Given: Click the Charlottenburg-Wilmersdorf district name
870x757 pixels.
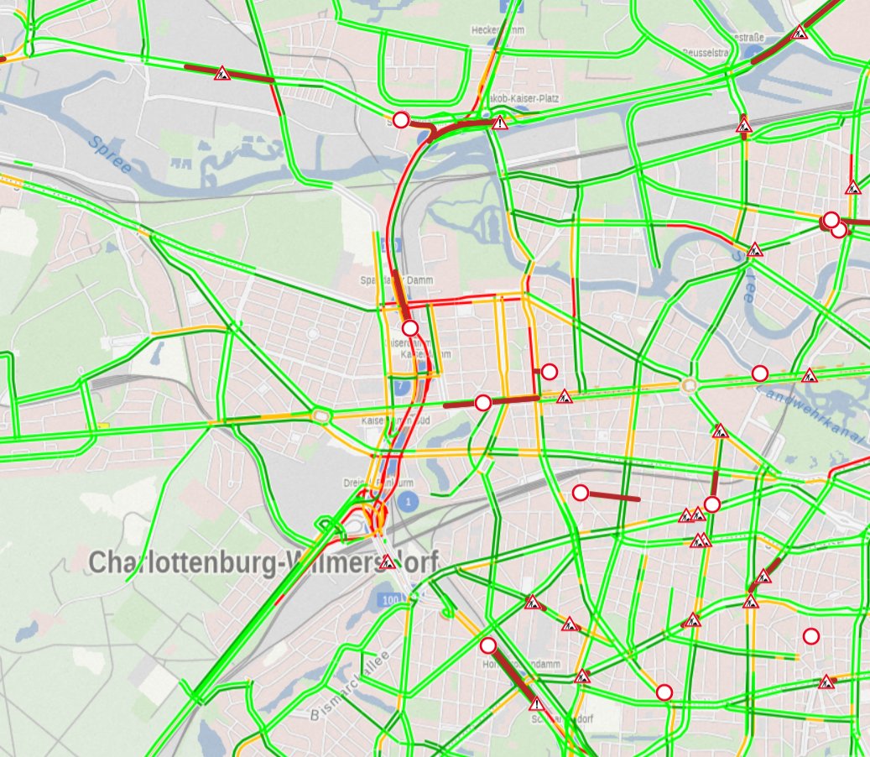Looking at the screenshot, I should click(263, 562).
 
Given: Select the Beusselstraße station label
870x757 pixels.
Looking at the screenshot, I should click(708, 52).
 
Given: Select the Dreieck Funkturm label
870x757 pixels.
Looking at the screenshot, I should click(378, 483).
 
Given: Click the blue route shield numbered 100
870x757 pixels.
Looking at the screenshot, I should click(389, 600).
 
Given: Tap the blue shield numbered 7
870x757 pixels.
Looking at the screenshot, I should click(403, 386).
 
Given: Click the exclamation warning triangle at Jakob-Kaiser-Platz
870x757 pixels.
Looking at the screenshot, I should click(501, 123).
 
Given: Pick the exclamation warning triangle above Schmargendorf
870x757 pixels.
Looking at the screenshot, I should click(537, 703).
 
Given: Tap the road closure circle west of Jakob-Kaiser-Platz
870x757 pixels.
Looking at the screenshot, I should click(401, 120).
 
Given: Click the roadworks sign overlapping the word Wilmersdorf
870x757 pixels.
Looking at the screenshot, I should click(387, 561).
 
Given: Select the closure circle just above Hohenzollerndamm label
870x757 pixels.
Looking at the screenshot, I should click(488, 645).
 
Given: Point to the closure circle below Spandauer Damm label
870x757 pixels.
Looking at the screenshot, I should click(409, 327).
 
